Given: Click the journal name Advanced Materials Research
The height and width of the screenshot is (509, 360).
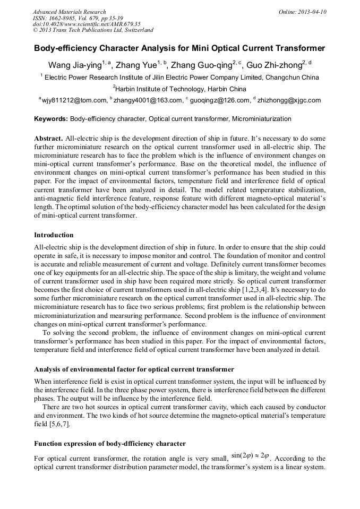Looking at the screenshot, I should (69, 12).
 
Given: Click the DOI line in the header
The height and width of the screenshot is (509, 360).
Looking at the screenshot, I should (87, 24).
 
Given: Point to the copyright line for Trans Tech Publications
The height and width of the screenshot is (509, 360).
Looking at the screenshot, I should (93, 30).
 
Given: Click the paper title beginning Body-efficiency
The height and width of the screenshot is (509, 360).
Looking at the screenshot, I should (179, 49).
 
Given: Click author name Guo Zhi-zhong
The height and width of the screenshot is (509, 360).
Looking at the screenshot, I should (273, 65).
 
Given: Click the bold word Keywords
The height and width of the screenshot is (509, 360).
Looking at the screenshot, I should (51, 119).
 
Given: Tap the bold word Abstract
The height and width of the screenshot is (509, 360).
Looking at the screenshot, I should (48, 137).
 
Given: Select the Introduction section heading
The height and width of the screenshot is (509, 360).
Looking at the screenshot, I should (54, 235).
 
